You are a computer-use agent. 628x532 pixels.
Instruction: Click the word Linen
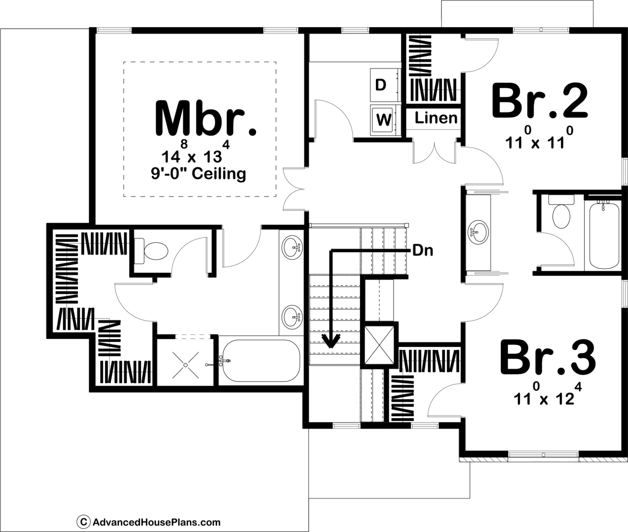[x=436, y=118]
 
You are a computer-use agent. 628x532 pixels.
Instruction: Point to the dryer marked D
[x=385, y=86]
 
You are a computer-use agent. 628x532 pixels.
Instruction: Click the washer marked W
[x=385, y=120]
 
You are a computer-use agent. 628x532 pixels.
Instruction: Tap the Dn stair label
[x=423, y=251]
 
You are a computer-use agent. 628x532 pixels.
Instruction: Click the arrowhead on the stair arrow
[x=331, y=341]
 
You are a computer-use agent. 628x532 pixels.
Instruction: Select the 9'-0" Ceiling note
[x=198, y=174]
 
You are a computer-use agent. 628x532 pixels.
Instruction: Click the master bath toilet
[x=152, y=251]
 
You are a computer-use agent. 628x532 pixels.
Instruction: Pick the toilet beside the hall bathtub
[x=561, y=212]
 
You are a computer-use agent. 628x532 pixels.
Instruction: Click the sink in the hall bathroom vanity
[x=479, y=232]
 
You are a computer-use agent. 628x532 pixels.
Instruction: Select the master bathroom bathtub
[x=261, y=361]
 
